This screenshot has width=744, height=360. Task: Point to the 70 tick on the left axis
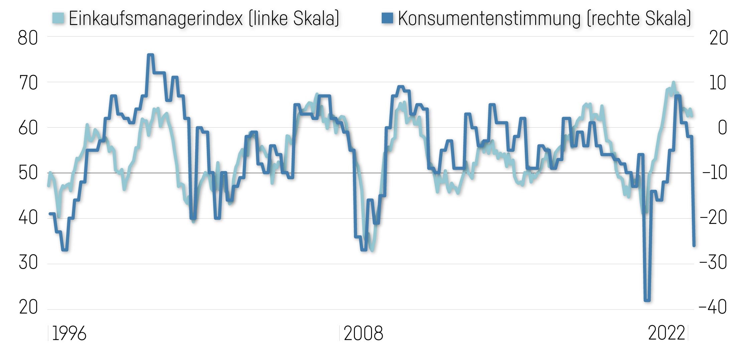27,83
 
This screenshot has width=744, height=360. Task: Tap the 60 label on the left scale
27,128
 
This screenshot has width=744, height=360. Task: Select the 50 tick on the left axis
27,173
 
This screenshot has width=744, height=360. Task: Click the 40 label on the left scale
27,219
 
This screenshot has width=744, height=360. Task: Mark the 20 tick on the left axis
27,308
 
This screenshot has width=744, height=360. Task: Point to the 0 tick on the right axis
722,128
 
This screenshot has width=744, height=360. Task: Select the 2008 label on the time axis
363,334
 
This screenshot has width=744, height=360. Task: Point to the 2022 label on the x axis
666,334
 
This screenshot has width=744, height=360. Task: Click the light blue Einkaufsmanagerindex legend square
58,18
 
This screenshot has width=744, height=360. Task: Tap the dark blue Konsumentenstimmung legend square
387,18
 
